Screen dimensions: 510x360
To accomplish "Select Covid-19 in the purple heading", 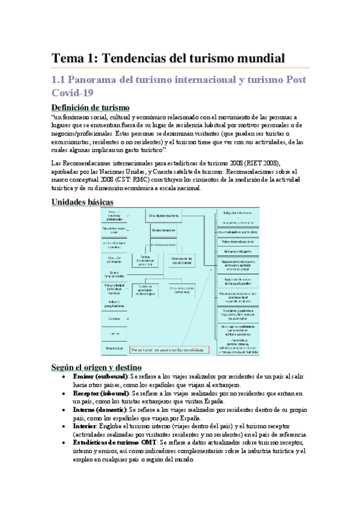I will pyautogui.click(x=75, y=93).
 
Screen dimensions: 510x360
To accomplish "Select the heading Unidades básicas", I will pyautogui.click(x=83, y=202).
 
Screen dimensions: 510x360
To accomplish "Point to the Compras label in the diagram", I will pyautogui.click(x=114, y=318).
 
